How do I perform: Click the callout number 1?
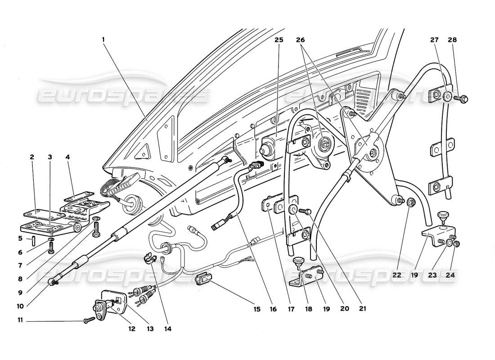(x=103, y=40)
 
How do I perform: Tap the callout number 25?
(x=279, y=40)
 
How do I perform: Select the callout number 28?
(x=452, y=40)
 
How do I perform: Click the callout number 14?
(x=168, y=329)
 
